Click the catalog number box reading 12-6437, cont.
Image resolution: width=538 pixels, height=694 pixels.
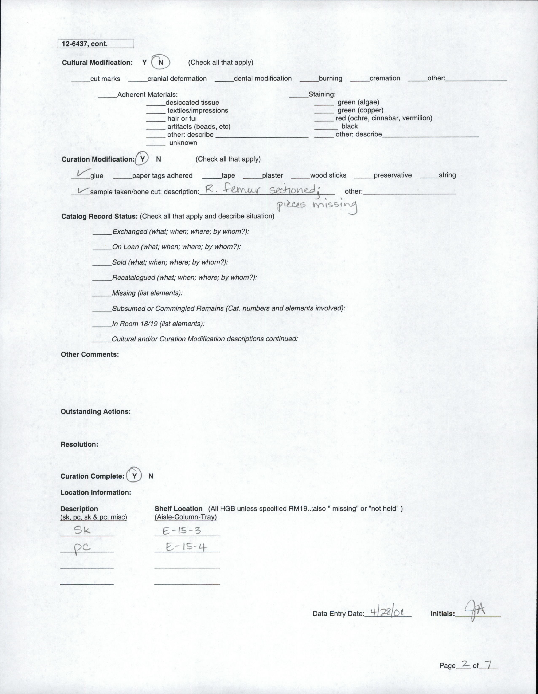[x=95, y=44]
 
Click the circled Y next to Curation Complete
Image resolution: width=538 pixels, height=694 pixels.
[x=134, y=476]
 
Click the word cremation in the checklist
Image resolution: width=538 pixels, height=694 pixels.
[x=385, y=78]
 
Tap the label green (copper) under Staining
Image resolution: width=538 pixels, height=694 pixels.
[x=360, y=110]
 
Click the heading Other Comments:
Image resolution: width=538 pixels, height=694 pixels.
[x=90, y=354]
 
